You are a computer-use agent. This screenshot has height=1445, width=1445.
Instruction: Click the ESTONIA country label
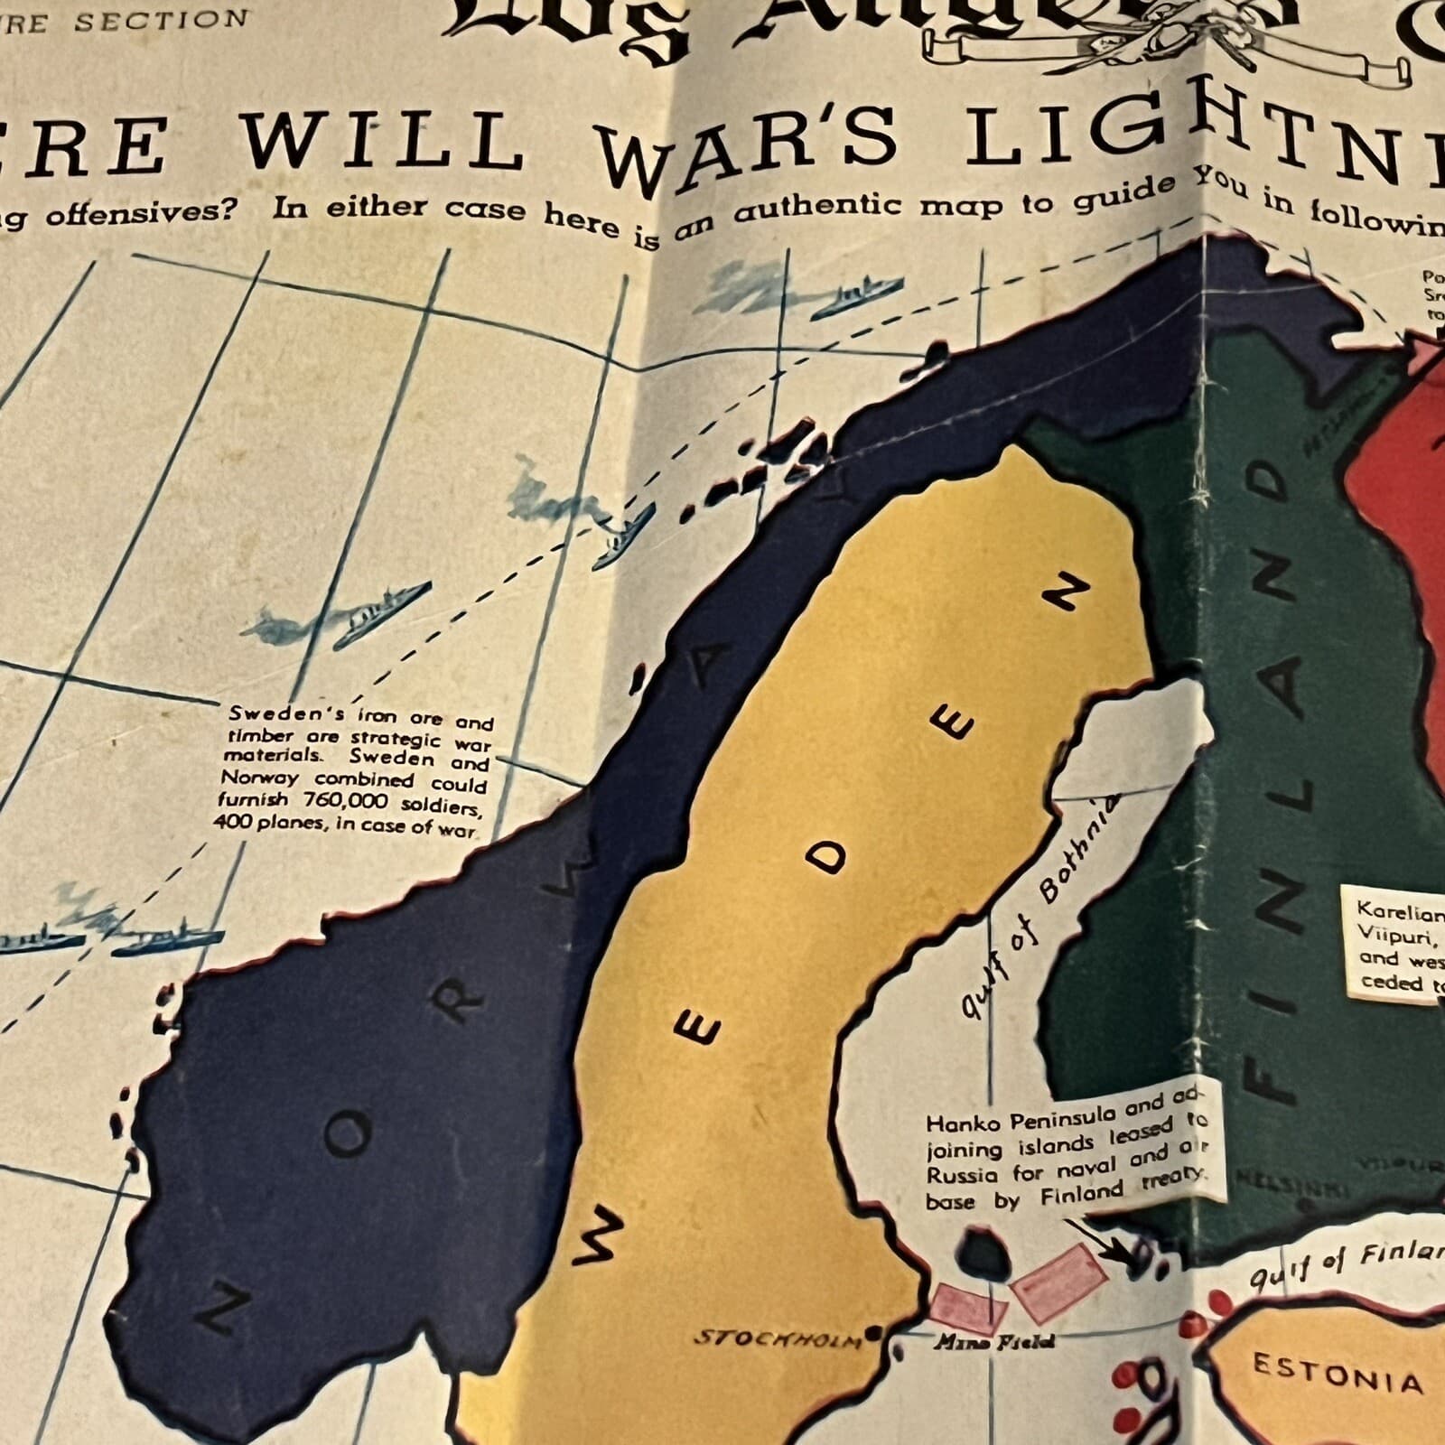(1338, 1375)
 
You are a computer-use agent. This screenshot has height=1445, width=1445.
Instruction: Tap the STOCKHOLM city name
(778, 1338)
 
